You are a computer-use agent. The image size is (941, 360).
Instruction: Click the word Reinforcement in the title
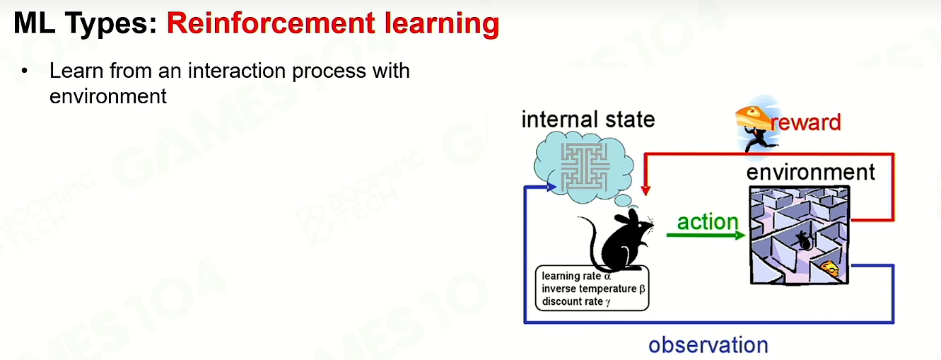271,23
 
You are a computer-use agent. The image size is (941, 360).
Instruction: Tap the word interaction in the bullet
237,71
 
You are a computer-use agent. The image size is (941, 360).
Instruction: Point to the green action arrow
706,236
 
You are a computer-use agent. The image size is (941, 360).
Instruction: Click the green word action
708,221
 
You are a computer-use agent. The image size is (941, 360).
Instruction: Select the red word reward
806,122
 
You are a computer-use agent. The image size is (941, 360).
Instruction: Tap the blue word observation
708,345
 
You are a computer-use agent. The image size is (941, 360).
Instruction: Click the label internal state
588,120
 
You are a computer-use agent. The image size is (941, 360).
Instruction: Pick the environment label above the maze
811,173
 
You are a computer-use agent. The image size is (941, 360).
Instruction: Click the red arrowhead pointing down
645,190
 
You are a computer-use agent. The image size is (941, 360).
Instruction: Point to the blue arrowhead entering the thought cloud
552,187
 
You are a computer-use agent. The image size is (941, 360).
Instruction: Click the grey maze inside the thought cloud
585,167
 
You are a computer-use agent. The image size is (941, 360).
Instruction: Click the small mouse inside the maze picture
804,240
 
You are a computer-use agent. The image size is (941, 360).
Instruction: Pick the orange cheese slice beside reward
753,117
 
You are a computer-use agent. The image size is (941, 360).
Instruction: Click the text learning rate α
576,276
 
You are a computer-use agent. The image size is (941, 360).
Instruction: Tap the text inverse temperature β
593,289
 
